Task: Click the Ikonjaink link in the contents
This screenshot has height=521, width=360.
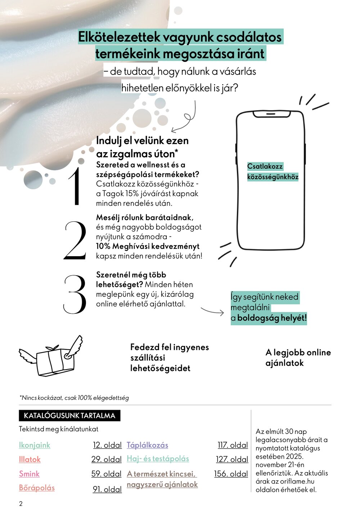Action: (x=35, y=445)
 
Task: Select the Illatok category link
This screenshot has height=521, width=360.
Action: (x=30, y=459)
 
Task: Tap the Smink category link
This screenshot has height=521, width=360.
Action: (x=29, y=474)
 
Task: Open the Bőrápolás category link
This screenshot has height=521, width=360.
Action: (x=37, y=488)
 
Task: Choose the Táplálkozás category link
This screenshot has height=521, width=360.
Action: (x=147, y=445)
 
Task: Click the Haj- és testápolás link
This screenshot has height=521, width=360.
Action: (x=158, y=459)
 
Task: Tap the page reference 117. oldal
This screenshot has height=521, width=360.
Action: (x=233, y=445)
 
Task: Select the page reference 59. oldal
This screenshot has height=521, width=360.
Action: (x=106, y=474)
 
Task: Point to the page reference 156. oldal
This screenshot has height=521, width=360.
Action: (x=231, y=474)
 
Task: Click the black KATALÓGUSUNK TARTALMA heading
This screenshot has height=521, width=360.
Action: (x=69, y=416)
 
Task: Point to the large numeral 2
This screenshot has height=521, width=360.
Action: (x=76, y=240)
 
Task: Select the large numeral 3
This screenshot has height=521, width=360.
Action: (x=75, y=294)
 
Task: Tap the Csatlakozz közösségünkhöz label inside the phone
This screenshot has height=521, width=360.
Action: (x=273, y=172)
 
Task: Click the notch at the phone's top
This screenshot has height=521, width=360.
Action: (x=272, y=114)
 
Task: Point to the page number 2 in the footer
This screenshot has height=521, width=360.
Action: (x=21, y=504)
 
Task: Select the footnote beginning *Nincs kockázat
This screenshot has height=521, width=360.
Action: (x=74, y=398)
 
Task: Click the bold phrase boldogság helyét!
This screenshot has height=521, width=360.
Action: (x=272, y=318)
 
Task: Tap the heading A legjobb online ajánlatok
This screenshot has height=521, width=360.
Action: (x=298, y=358)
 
